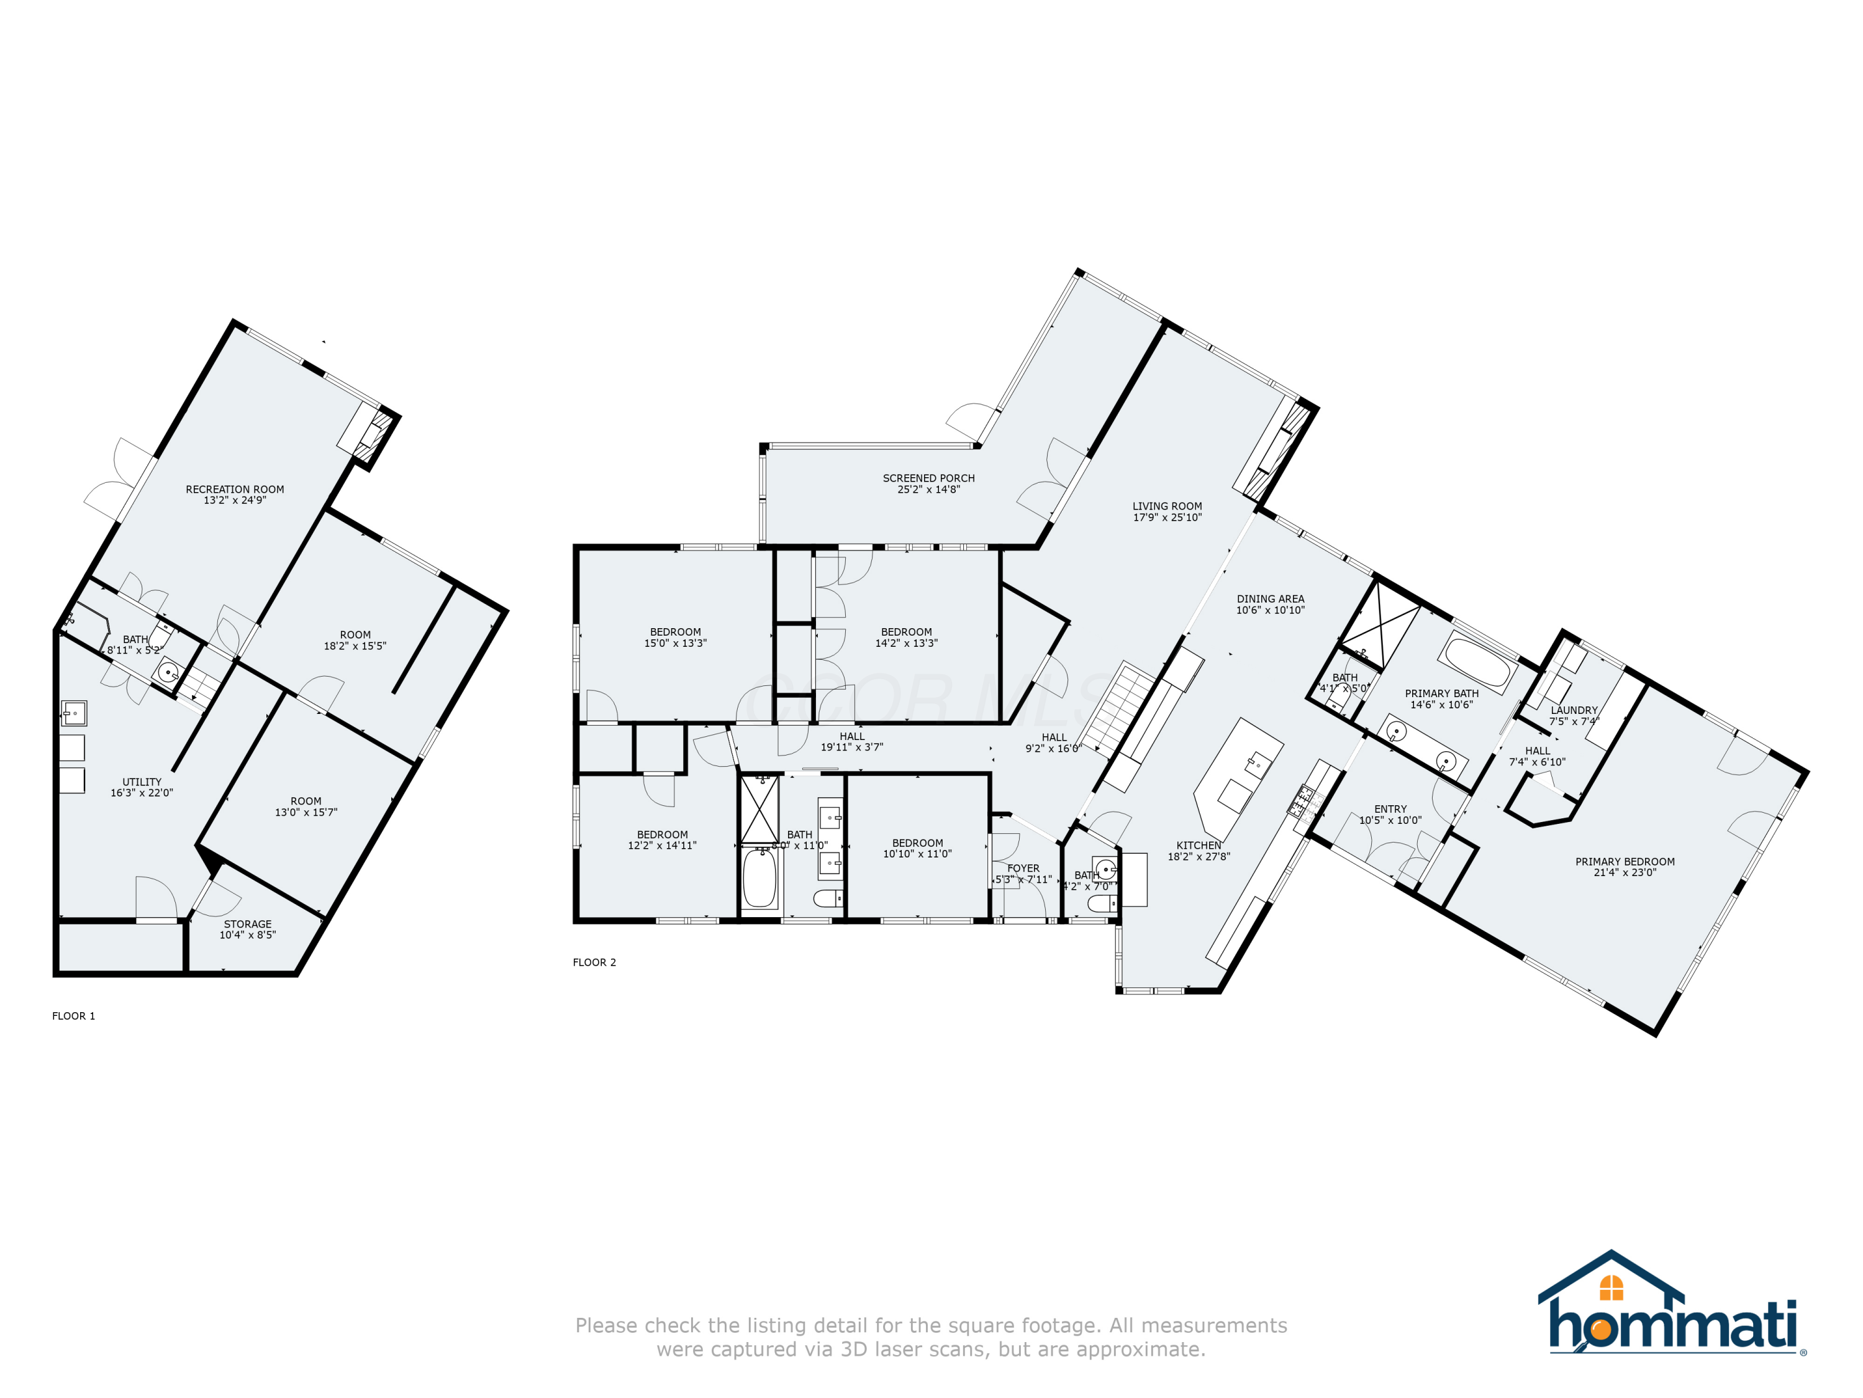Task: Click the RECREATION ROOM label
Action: click(235, 490)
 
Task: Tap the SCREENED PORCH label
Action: click(928, 478)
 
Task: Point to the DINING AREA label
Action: click(1270, 599)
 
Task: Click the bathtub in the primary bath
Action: click(1477, 663)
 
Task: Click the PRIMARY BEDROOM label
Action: click(1625, 861)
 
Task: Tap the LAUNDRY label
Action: click(1573, 710)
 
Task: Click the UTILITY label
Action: click(142, 782)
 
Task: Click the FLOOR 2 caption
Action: click(594, 962)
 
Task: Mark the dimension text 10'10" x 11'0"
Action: click(917, 854)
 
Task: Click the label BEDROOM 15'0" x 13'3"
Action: click(676, 637)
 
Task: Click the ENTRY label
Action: click(1390, 809)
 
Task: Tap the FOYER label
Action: click(1023, 868)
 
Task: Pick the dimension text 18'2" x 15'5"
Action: click(355, 646)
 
